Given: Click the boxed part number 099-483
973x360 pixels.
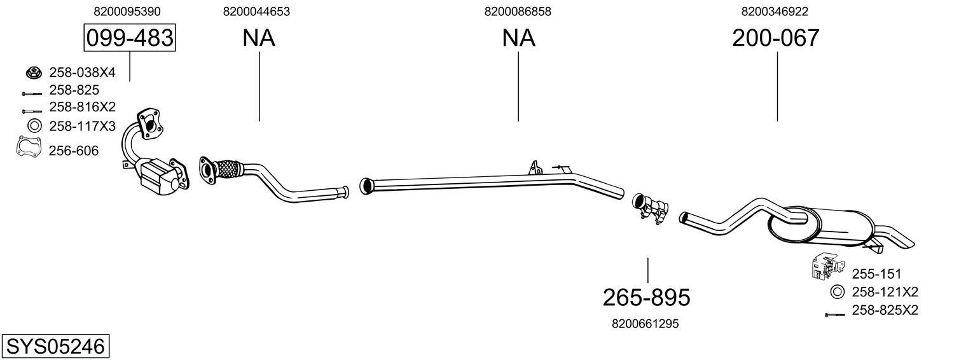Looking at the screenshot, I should coord(130,38).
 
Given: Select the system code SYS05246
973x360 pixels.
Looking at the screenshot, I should coord(55,347).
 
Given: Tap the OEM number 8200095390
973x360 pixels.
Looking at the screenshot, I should coord(127,11).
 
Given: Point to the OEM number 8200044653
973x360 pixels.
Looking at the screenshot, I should coord(257,11).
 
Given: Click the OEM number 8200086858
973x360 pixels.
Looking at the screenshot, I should coord(518,11).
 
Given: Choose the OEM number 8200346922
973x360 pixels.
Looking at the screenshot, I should coord(775,11).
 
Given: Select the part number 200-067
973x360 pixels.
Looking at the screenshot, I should coord(776,38).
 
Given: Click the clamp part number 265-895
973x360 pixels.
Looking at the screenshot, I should coord(646,297).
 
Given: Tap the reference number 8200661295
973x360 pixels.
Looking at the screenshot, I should coord(645,324).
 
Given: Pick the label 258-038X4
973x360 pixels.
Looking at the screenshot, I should coord(82,73).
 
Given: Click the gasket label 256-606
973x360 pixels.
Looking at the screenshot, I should coord(74,151).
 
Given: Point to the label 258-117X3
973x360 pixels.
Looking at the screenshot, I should coord(82,126).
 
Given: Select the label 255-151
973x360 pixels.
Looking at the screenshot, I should coord(876,274).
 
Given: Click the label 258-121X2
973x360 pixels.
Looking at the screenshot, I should coord(885,292).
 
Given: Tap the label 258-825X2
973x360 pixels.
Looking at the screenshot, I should coord(885,310).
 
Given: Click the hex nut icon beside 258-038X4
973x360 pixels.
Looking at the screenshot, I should coord(32,73).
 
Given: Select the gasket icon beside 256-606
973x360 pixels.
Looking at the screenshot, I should coord(27,148).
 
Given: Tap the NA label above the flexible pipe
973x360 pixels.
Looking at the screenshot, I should coord(258,38).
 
